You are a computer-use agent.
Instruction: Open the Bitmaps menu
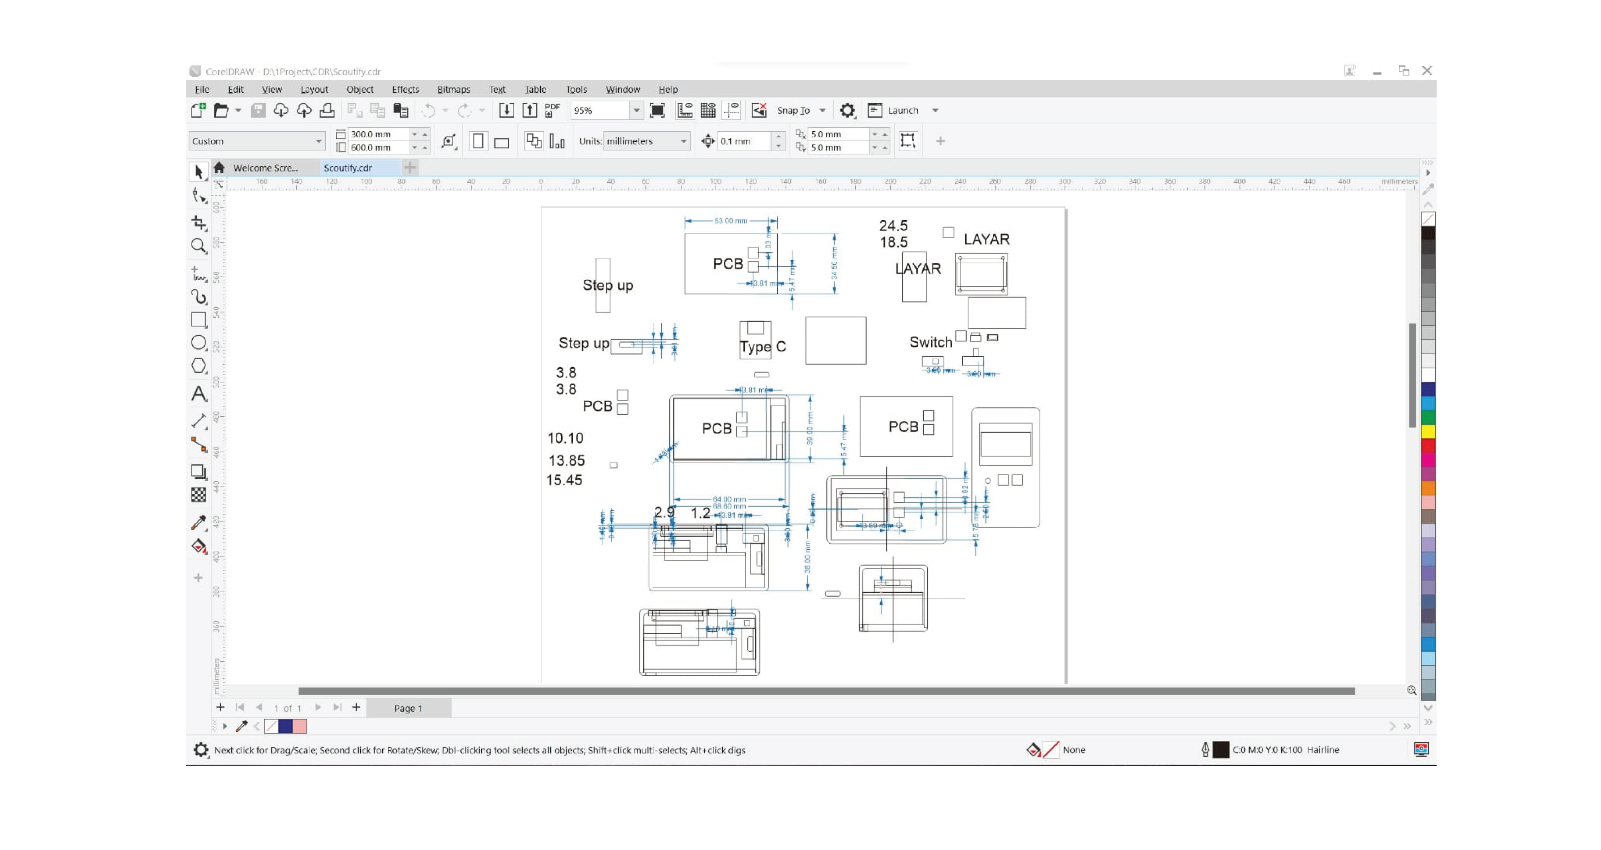453,89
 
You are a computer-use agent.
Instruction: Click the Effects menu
405,89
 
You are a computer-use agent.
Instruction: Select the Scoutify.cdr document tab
348,168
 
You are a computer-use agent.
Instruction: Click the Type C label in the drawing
763,347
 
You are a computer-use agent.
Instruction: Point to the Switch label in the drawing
930,342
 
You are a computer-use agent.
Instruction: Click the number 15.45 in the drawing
564,480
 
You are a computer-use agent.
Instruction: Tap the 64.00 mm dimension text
729,499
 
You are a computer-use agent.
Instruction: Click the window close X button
1427,71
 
